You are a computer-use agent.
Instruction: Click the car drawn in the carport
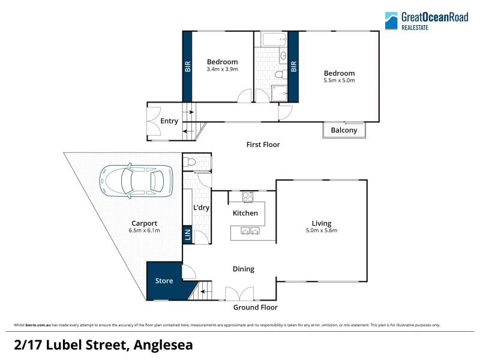pyautogui.click(x=136, y=181)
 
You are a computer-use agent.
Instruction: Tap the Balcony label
pyautogui.click(x=344, y=130)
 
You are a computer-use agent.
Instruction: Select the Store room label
pyautogui.click(x=164, y=281)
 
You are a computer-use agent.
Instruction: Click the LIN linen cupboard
pyautogui.click(x=188, y=235)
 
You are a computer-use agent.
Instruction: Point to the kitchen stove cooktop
pyautogui.click(x=248, y=197)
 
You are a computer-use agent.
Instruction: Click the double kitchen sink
pyautogui.click(x=250, y=230)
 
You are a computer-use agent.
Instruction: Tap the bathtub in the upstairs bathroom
pyautogui.click(x=274, y=39)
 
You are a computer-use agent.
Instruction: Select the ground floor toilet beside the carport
pyautogui.click(x=190, y=161)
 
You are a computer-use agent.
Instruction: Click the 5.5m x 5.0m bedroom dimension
pyautogui.click(x=339, y=80)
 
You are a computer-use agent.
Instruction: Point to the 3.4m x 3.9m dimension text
pyautogui.click(x=222, y=69)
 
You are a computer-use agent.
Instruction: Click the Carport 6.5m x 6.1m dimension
pyautogui.click(x=144, y=230)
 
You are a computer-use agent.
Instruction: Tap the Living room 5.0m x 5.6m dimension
pyautogui.click(x=322, y=230)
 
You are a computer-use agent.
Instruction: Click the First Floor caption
pyautogui.click(x=263, y=145)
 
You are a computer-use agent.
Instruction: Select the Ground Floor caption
pyautogui.click(x=256, y=307)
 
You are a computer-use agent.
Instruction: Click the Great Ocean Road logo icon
pyautogui.click(x=391, y=21)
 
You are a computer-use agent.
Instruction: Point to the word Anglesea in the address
pyautogui.click(x=163, y=345)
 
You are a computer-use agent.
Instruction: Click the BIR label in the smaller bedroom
pyautogui.click(x=188, y=67)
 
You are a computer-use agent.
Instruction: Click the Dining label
pyautogui.click(x=244, y=269)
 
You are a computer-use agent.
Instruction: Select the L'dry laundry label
pyautogui.click(x=201, y=208)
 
